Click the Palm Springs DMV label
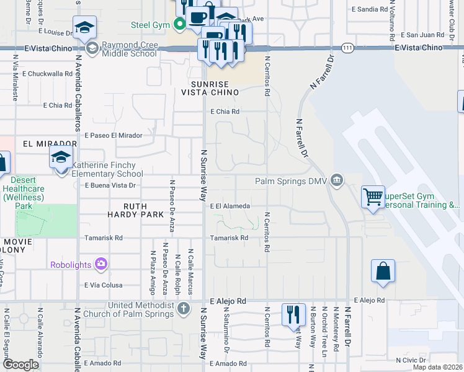click(x=291, y=182)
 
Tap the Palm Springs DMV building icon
click(x=336, y=181)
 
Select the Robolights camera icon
click(x=102, y=265)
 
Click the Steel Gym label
click(x=150, y=25)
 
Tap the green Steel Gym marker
click(x=180, y=25)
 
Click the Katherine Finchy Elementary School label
click(x=107, y=169)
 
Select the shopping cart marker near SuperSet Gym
click(x=373, y=197)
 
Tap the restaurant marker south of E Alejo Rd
click(x=293, y=314)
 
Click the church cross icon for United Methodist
click(x=183, y=308)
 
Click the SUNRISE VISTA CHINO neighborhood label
click(x=210, y=88)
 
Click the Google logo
click(x=20, y=364)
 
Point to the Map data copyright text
click(x=437, y=367)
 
